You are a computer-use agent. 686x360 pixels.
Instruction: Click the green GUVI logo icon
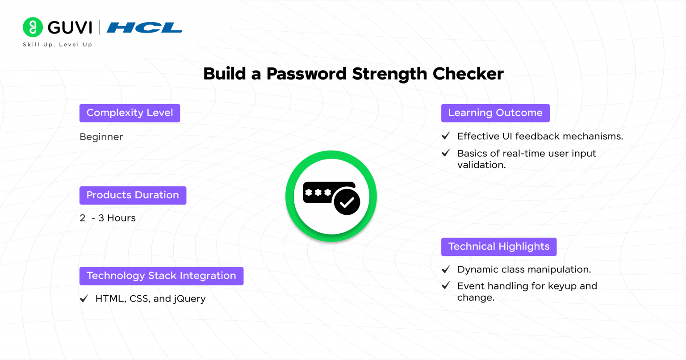[33, 27]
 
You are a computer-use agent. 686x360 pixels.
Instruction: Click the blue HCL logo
[145, 28]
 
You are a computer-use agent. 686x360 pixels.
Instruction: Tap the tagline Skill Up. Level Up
[58, 44]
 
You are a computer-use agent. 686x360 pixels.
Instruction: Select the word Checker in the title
[468, 74]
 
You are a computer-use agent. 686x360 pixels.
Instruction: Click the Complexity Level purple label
[130, 113]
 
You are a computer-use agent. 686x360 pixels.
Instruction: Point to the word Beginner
[101, 137]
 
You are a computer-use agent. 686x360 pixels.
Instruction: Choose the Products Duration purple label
[133, 195]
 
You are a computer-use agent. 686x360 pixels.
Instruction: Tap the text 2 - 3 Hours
[108, 218]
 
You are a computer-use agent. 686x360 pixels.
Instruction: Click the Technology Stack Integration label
[161, 276]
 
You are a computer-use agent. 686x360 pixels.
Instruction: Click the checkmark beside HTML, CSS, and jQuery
[84, 298]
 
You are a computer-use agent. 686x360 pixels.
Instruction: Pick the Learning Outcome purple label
[495, 113]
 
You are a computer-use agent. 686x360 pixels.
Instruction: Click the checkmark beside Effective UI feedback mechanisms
[446, 135]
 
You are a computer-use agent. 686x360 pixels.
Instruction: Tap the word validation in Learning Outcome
[481, 165]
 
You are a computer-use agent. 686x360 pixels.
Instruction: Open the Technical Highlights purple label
[499, 247]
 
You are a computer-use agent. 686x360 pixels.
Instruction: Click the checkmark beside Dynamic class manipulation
[446, 269]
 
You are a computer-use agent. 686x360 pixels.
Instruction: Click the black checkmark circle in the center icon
[347, 202]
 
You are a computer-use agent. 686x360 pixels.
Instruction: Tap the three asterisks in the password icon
[318, 193]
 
